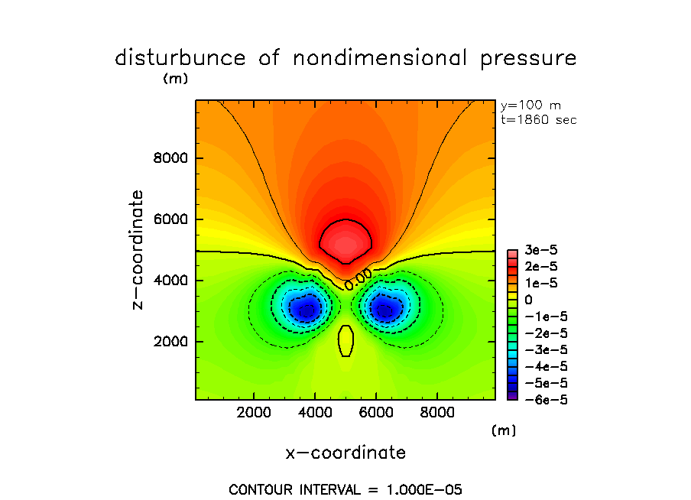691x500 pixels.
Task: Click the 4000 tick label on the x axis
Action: click(x=316, y=413)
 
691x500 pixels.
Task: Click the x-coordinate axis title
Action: click(x=345, y=453)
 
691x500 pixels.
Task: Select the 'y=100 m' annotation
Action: click(x=530, y=106)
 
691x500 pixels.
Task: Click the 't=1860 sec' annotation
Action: click(x=538, y=120)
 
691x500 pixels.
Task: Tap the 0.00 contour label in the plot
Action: click(x=358, y=278)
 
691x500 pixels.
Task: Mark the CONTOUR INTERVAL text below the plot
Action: click(x=345, y=489)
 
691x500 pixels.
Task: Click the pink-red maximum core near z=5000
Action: click(x=345, y=243)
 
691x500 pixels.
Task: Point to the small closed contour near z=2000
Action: click(x=345, y=341)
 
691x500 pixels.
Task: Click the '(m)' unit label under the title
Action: click(x=175, y=79)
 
